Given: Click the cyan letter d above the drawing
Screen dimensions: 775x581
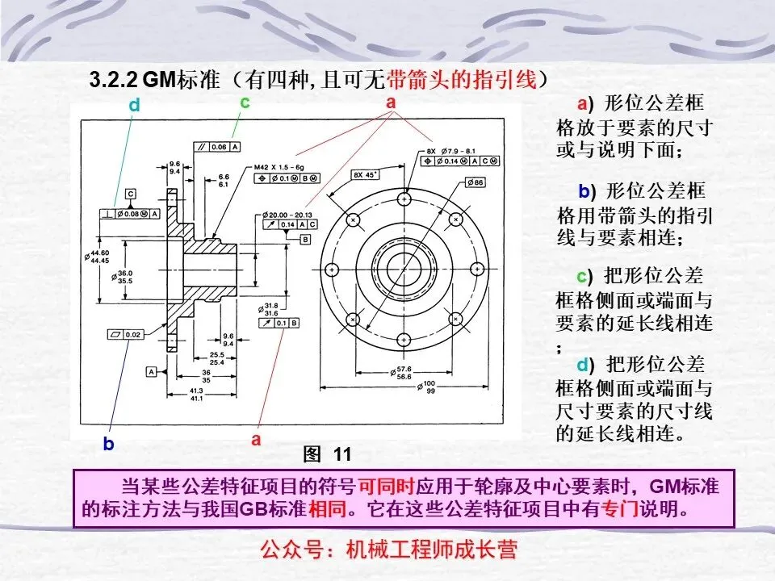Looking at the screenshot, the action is point(134,105).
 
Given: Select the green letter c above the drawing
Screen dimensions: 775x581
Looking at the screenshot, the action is point(245,102).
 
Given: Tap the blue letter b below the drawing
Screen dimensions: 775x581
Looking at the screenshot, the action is point(108,444).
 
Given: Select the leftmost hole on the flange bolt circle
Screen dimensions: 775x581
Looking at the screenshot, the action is point(332,269).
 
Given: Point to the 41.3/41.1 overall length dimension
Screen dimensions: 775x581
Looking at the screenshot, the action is point(195,395).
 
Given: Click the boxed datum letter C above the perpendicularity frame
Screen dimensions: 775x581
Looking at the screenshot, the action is point(130,194).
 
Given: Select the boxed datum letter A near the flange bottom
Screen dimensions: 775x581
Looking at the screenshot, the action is point(151,371).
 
